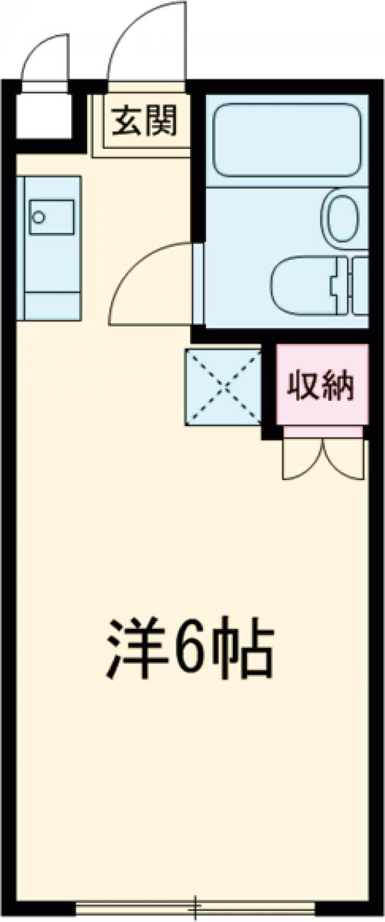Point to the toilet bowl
(x=302, y=286)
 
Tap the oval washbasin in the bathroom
(x=344, y=216)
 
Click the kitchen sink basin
(x=51, y=217)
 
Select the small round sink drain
(x=38, y=217)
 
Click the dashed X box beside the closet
(x=223, y=386)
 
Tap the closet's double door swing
(x=323, y=459)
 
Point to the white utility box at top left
(x=43, y=115)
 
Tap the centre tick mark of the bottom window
(x=196, y=907)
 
